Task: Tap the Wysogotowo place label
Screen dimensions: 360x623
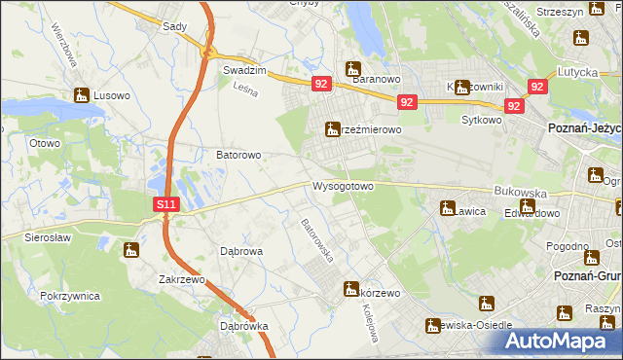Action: [343, 186]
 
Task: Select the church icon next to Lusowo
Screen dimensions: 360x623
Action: [81, 95]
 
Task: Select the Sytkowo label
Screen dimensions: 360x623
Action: [481, 121]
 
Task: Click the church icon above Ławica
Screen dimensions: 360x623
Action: [448, 207]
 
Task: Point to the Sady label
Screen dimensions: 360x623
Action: [174, 28]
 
